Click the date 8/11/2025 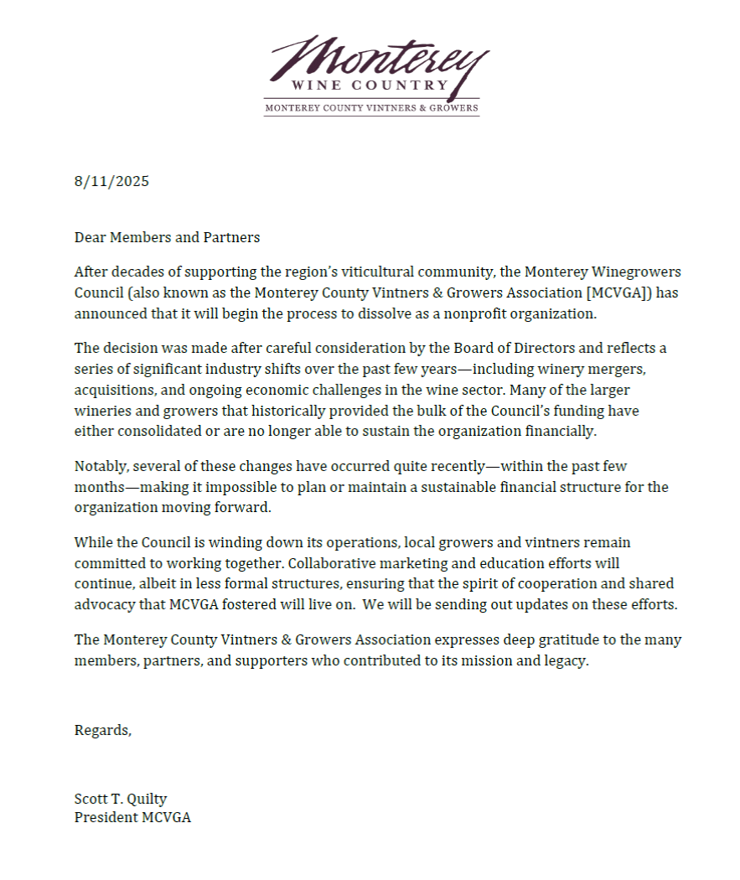pyautogui.click(x=111, y=181)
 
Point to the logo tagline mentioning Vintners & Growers pyautogui.click(x=371, y=108)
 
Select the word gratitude pyautogui.click(x=536, y=640)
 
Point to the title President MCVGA pyautogui.click(x=132, y=817)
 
